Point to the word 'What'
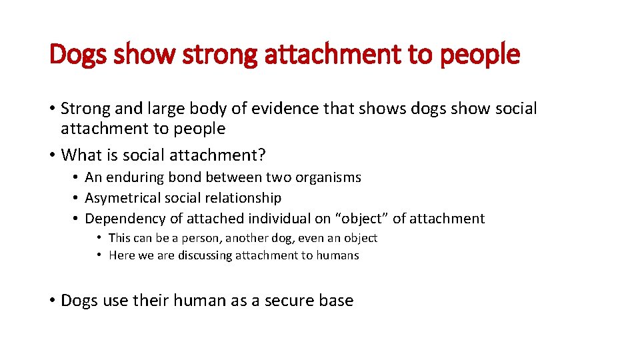[x=79, y=155]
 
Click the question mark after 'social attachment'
[x=262, y=155]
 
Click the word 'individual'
[x=281, y=219]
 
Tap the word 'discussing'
[x=203, y=255]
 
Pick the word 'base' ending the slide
[x=337, y=301]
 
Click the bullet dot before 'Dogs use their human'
[x=52, y=301]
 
